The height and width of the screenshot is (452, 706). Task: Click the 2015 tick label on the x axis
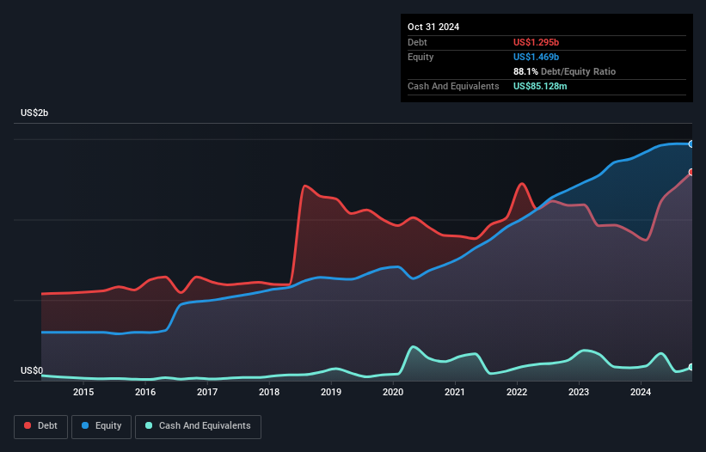pos(83,393)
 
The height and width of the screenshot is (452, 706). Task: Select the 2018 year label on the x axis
pos(269,393)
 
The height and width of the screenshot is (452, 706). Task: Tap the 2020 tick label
pos(393,393)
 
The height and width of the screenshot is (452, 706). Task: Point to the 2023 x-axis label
pos(579,393)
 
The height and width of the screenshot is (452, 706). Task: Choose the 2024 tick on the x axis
pos(641,393)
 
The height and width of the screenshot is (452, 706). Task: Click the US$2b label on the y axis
pos(37,113)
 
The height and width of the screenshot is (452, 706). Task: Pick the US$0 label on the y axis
pos(34,371)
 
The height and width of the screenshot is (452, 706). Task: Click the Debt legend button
pos(40,425)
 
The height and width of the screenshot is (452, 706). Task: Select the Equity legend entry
pos(101,425)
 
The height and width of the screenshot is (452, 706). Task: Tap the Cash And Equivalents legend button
pos(198,425)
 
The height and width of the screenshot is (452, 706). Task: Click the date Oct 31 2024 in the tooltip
pos(433,27)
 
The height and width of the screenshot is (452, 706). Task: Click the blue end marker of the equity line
pos(691,144)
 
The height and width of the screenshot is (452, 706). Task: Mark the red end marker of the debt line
pos(691,172)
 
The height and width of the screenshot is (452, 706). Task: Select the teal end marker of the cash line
pos(691,367)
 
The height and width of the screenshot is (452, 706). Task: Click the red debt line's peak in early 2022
pos(520,183)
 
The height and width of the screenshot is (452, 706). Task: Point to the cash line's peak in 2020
pos(414,346)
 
